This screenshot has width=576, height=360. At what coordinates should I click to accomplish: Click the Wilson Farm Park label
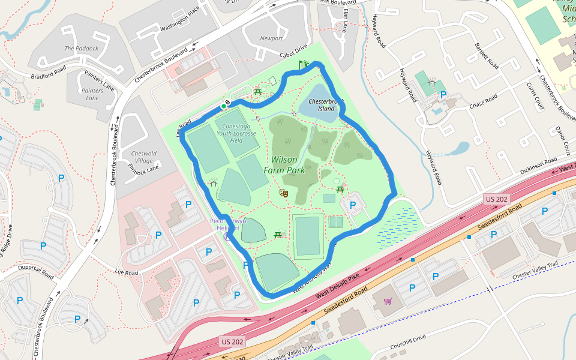click(284, 165)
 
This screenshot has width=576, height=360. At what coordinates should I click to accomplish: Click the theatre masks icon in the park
click(284, 193)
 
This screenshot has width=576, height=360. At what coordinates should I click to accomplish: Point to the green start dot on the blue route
click(223, 107)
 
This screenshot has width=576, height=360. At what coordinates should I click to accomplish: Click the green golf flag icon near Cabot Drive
click(303, 63)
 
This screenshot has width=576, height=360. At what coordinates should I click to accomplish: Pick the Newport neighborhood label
click(271, 38)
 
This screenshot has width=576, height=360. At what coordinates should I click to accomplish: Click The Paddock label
click(77, 49)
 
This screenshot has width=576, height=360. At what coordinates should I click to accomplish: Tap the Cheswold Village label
click(143, 157)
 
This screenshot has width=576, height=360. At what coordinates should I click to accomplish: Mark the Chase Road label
click(484, 101)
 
